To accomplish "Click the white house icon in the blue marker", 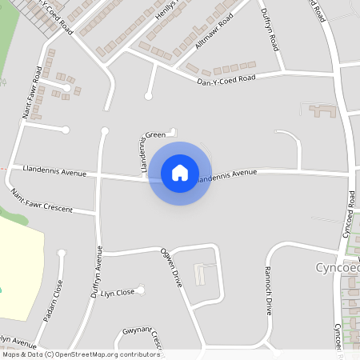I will [180, 173].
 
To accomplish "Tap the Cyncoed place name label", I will [336, 267].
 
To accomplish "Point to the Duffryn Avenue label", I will [98, 273].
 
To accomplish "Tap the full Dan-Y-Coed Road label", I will [226, 78].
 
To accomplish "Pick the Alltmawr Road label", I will [193, 37].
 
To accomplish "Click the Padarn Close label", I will [57, 296].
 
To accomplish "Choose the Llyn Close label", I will [118, 293].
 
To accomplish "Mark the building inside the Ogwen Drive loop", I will [200, 276].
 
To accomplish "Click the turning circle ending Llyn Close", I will [141, 289].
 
